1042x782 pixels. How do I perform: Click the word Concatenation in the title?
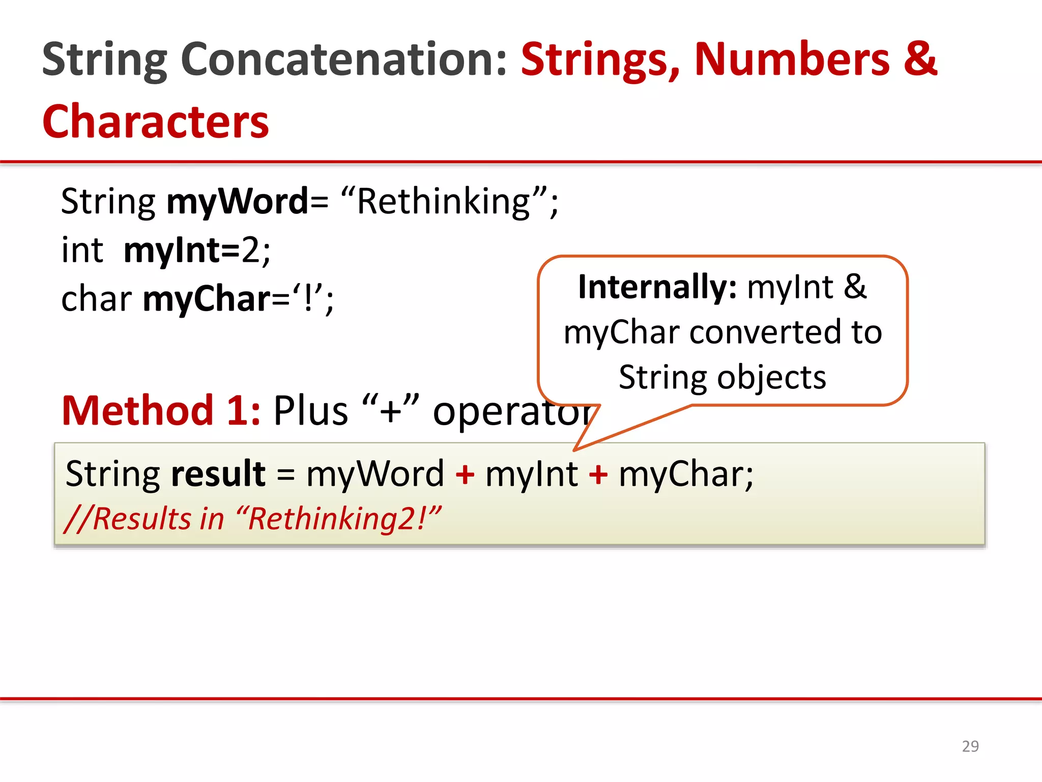[x=344, y=60]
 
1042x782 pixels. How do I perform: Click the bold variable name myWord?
[x=238, y=202]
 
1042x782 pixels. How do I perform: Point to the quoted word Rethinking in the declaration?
[x=443, y=202]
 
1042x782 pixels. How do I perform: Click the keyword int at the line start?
[x=82, y=250]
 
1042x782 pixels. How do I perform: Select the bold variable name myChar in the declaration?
[x=207, y=299]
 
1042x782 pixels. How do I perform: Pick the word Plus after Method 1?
[x=310, y=410]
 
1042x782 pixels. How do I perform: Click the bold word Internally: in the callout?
[x=657, y=287]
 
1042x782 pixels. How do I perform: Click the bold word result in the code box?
[x=218, y=473]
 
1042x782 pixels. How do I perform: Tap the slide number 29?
[x=970, y=746]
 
